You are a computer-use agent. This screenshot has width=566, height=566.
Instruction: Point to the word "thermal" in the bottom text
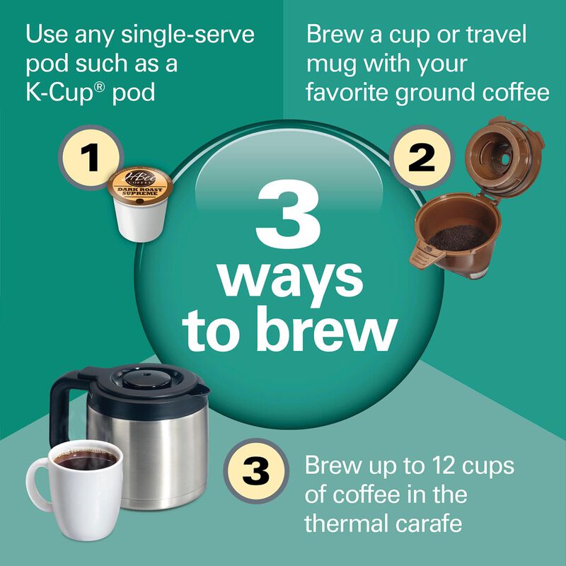pos(351,524)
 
